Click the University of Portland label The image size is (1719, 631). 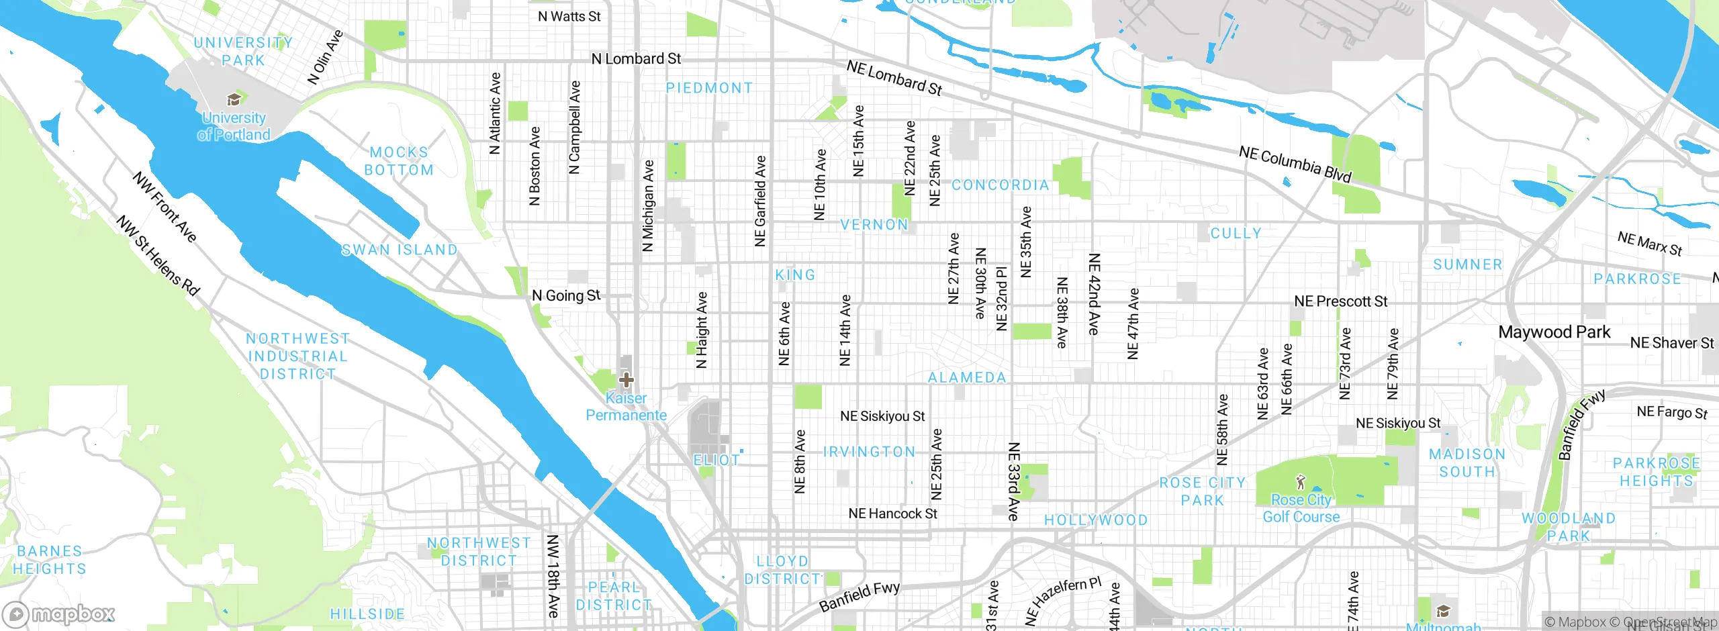click(x=234, y=126)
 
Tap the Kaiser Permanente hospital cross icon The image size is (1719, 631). click(x=626, y=380)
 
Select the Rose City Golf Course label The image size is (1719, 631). click(x=1301, y=508)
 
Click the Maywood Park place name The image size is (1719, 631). click(x=1554, y=332)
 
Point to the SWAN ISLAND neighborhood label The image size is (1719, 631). click(x=400, y=250)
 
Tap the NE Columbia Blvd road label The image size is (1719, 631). click(x=1295, y=164)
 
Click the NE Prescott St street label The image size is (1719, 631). click(x=1340, y=301)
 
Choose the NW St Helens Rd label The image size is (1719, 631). click(x=158, y=256)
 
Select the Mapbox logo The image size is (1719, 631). click(x=59, y=614)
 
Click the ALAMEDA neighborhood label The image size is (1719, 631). click(x=967, y=378)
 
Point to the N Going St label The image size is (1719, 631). click(x=566, y=295)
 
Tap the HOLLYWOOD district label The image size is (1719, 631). click(x=1096, y=520)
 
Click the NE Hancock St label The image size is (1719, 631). click(x=892, y=514)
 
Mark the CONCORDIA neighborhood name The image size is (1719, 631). click(x=1001, y=185)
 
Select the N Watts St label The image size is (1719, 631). click(x=569, y=16)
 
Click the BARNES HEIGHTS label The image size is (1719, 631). click(x=50, y=560)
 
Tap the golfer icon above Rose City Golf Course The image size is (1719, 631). click(x=1301, y=482)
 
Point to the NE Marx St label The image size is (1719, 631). click(x=1649, y=244)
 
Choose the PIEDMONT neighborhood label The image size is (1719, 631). click(x=709, y=88)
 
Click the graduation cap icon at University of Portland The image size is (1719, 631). click(x=234, y=100)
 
